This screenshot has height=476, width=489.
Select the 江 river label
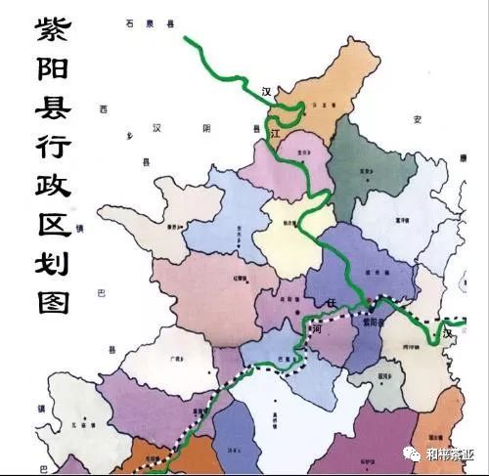[275, 130]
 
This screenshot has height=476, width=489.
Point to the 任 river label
[332, 304]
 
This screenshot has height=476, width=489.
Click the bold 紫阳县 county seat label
[376, 321]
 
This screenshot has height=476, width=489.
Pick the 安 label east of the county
[417, 119]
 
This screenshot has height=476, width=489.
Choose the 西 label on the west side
[103, 109]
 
